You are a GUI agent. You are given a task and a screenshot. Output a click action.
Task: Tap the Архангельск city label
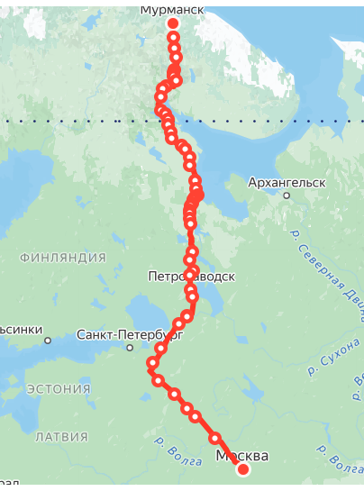pyautogui.click(x=287, y=182)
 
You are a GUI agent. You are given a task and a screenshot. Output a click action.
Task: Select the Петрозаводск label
pyautogui.click(x=192, y=277)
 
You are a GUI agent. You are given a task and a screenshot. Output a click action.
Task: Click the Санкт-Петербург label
pyautogui.click(x=130, y=333)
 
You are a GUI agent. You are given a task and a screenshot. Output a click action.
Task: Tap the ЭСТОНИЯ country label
pyautogui.click(x=59, y=389)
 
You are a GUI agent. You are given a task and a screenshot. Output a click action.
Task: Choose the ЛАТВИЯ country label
pyautogui.click(x=61, y=437)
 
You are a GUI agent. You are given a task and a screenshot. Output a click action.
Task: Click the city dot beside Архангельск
pyautogui.click(x=287, y=195)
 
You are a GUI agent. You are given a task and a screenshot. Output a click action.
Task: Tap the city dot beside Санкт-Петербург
pyautogui.click(x=130, y=347)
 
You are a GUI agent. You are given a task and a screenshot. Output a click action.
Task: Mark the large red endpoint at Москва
pyautogui.click(x=242, y=469)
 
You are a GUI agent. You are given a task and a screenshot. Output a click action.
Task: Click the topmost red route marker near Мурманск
pyautogui.click(x=173, y=23)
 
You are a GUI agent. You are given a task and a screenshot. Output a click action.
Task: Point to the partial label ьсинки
pyautogui.click(x=19, y=330)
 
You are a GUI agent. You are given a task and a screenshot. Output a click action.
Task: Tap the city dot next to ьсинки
pyautogui.click(x=47, y=340)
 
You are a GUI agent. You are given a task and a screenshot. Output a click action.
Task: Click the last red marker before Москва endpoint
pyautogui.click(x=215, y=439)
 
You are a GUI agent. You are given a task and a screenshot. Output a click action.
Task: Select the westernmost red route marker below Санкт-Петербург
pyautogui.click(x=152, y=363)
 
